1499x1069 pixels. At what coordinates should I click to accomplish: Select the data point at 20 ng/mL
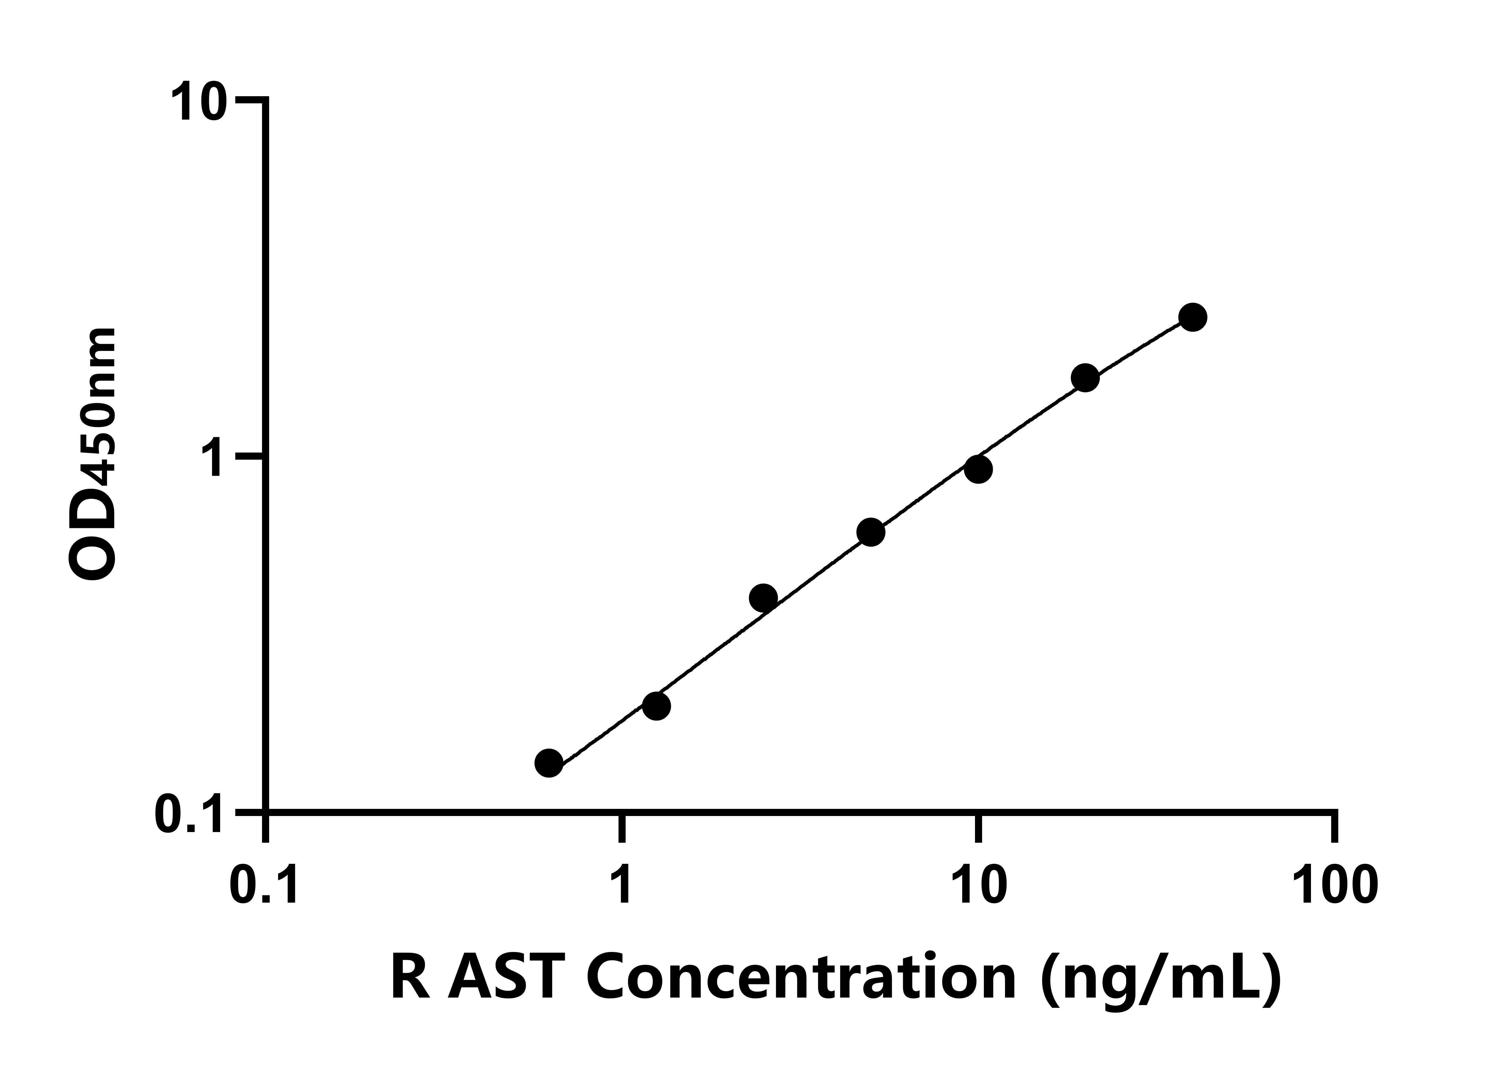(x=1085, y=378)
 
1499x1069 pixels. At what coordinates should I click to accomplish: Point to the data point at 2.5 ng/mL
(x=763, y=598)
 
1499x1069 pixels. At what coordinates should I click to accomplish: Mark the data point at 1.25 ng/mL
(x=656, y=706)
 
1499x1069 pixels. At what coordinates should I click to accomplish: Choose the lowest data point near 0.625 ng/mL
(x=549, y=763)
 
